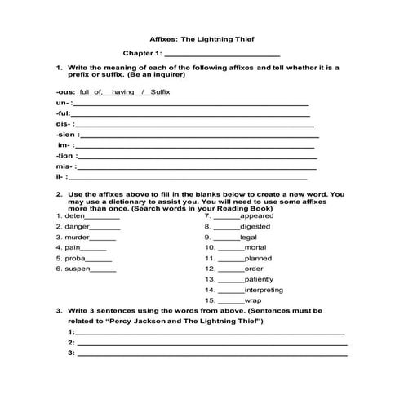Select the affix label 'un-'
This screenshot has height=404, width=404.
(63, 104)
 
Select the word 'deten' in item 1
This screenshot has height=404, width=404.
(74, 215)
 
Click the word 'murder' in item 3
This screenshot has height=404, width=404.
(78, 237)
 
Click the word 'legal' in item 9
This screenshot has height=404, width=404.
(248, 237)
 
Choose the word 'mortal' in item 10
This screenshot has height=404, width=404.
(255, 247)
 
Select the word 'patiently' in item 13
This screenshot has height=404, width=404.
(259, 278)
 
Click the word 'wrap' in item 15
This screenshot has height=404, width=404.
(252, 300)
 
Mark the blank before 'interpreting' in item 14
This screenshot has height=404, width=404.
(230, 290)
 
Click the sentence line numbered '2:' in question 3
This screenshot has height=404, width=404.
(211, 343)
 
